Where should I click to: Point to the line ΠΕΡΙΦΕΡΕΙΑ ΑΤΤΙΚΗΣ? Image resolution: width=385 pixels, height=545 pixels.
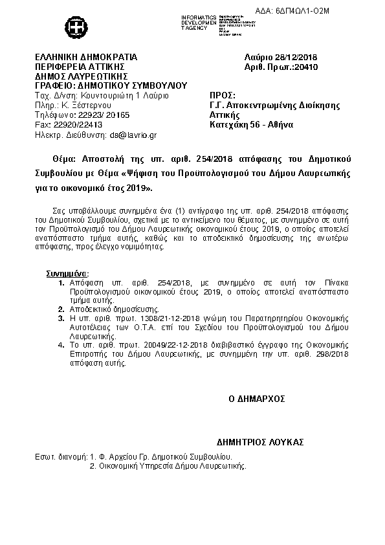[x=78, y=67]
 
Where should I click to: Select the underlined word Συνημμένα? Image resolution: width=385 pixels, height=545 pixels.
[x=67, y=274]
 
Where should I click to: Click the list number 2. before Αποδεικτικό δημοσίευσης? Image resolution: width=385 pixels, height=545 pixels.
[x=60, y=309]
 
